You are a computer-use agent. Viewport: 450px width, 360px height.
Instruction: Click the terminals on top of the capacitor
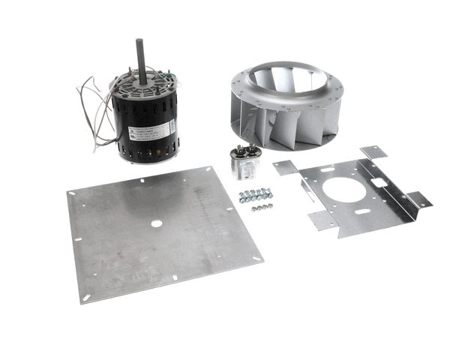(x=244, y=151)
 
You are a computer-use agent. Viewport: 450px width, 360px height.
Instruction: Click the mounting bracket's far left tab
(x=286, y=167)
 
